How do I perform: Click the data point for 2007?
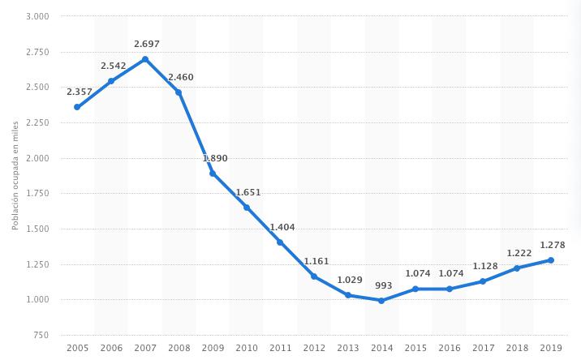tap(145, 59)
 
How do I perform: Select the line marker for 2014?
tap(381, 301)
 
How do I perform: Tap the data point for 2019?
tap(551, 260)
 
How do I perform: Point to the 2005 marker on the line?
tap(77, 107)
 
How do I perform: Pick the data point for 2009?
tap(213, 174)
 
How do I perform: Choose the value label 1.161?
tap(314, 260)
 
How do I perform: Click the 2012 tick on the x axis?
tap(314, 347)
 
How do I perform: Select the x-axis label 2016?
tap(450, 347)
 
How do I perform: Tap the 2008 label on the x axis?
tap(179, 347)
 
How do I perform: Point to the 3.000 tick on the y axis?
tap(37, 16)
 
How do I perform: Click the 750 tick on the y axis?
tap(41, 335)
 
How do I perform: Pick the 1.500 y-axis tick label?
tap(37, 229)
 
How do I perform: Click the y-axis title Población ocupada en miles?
tap(15, 175)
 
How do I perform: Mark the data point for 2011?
tap(280, 242)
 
